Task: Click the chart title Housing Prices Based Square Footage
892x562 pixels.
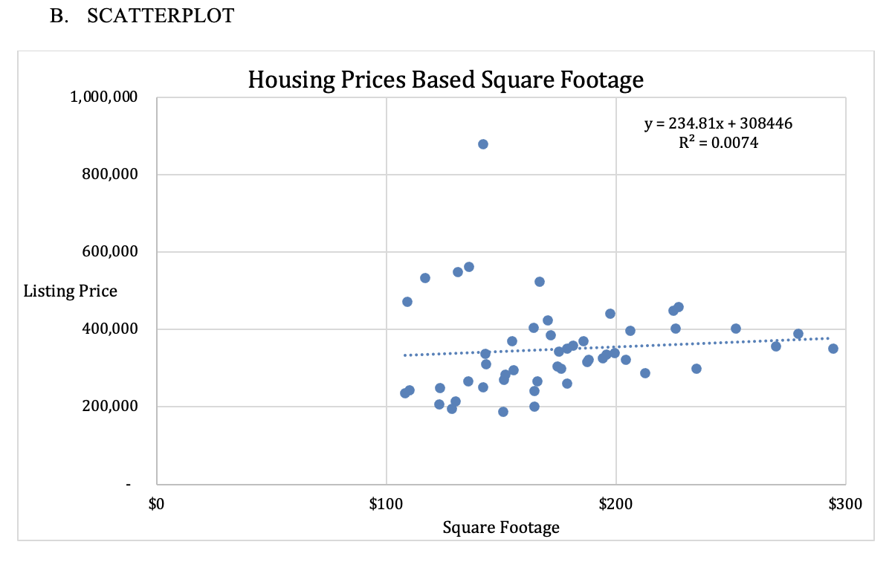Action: point(445,80)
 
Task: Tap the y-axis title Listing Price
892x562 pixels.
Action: point(70,291)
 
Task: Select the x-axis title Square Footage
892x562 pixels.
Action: point(500,528)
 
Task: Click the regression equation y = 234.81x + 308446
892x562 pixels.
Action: point(718,123)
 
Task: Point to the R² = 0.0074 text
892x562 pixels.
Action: point(718,143)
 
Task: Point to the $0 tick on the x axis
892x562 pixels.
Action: point(156,506)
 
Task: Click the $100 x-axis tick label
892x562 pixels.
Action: point(386,506)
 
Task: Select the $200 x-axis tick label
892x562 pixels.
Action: point(615,506)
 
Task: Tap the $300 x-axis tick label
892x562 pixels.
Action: point(845,506)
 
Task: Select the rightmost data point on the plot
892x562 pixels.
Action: point(833,349)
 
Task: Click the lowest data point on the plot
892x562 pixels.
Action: point(503,412)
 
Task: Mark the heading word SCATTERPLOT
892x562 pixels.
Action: point(161,16)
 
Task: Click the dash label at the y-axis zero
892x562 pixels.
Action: point(129,485)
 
